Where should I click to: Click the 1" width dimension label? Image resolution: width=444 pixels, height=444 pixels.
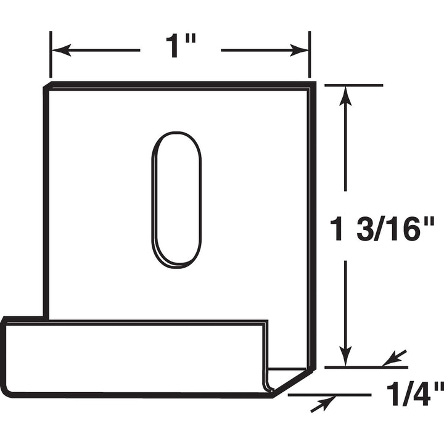[181, 46]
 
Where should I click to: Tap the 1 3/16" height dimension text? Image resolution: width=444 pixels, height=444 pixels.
[382, 229]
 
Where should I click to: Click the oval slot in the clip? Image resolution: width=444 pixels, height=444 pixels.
[177, 200]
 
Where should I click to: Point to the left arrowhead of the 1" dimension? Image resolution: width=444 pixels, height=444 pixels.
[61, 51]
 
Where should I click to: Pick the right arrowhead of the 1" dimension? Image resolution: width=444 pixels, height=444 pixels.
[299, 51]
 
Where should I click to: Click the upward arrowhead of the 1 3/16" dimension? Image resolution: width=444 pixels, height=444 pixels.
[345, 96]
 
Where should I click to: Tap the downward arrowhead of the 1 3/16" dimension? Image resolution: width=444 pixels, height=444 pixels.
[345, 356]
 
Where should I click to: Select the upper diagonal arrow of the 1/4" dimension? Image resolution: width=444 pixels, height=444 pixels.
[393, 358]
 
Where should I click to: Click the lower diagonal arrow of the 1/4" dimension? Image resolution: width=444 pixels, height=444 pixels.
[323, 403]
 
